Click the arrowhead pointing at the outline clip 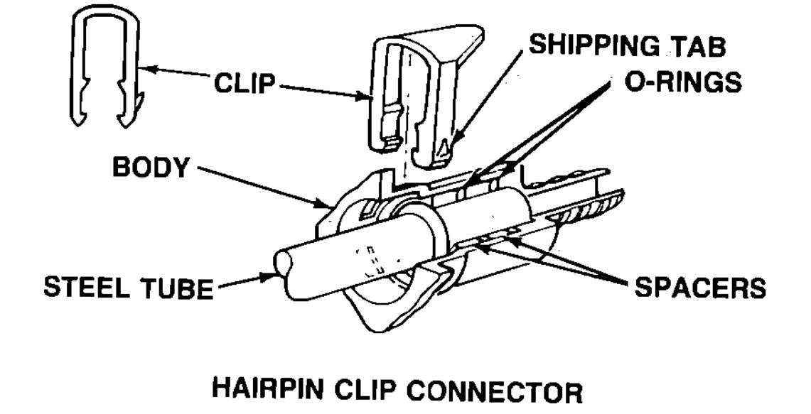tap(146, 69)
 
